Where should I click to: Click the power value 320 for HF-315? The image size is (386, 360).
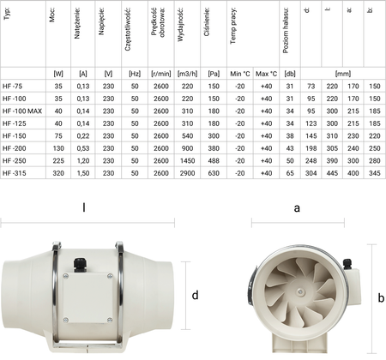58,172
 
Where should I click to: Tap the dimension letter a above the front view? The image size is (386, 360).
297,207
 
